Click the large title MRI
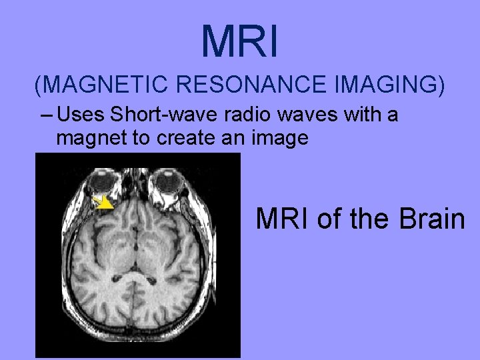tap(239, 41)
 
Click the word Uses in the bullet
tap(82, 115)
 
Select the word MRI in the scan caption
tap(283, 218)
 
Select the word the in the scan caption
tap(366, 218)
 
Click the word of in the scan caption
tap(329, 218)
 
